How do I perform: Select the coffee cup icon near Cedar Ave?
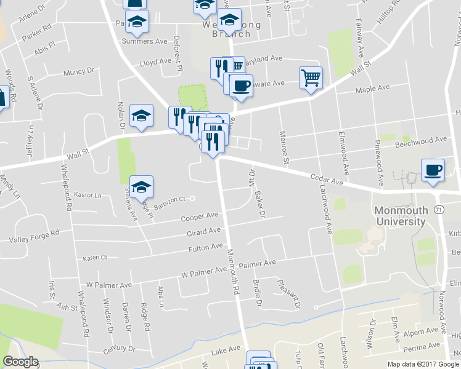(x=433, y=170)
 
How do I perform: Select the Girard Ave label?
(x=204, y=232)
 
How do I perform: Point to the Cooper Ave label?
(x=200, y=216)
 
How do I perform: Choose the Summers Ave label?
(x=145, y=41)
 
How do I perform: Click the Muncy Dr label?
(x=78, y=72)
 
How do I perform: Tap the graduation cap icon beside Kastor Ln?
(x=142, y=187)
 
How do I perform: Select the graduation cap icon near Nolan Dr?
(x=141, y=116)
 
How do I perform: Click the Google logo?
(x=20, y=362)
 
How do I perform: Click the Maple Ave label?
(x=373, y=89)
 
